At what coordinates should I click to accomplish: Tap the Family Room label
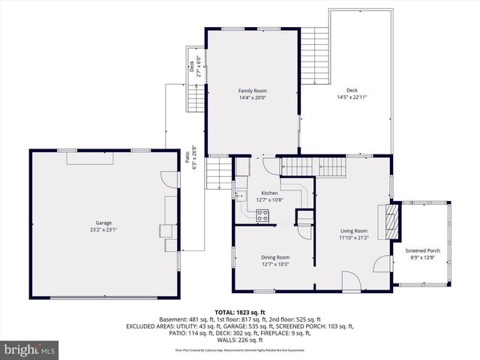click(x=252, y=91)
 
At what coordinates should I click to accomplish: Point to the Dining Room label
click(x=274, y=257)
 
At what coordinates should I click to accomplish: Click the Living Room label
click(x=353, y=231)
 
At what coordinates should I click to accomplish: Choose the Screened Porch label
click(x=422, y=251)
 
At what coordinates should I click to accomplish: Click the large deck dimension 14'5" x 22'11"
click(x=352, y=97)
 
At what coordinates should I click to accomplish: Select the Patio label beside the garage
click(x=187, y=158)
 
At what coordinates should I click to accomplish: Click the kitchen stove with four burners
click(x=262, y=216)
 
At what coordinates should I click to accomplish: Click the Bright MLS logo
click(x=30, y=349)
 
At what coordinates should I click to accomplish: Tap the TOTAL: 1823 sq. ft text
click(x=240, y=312)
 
